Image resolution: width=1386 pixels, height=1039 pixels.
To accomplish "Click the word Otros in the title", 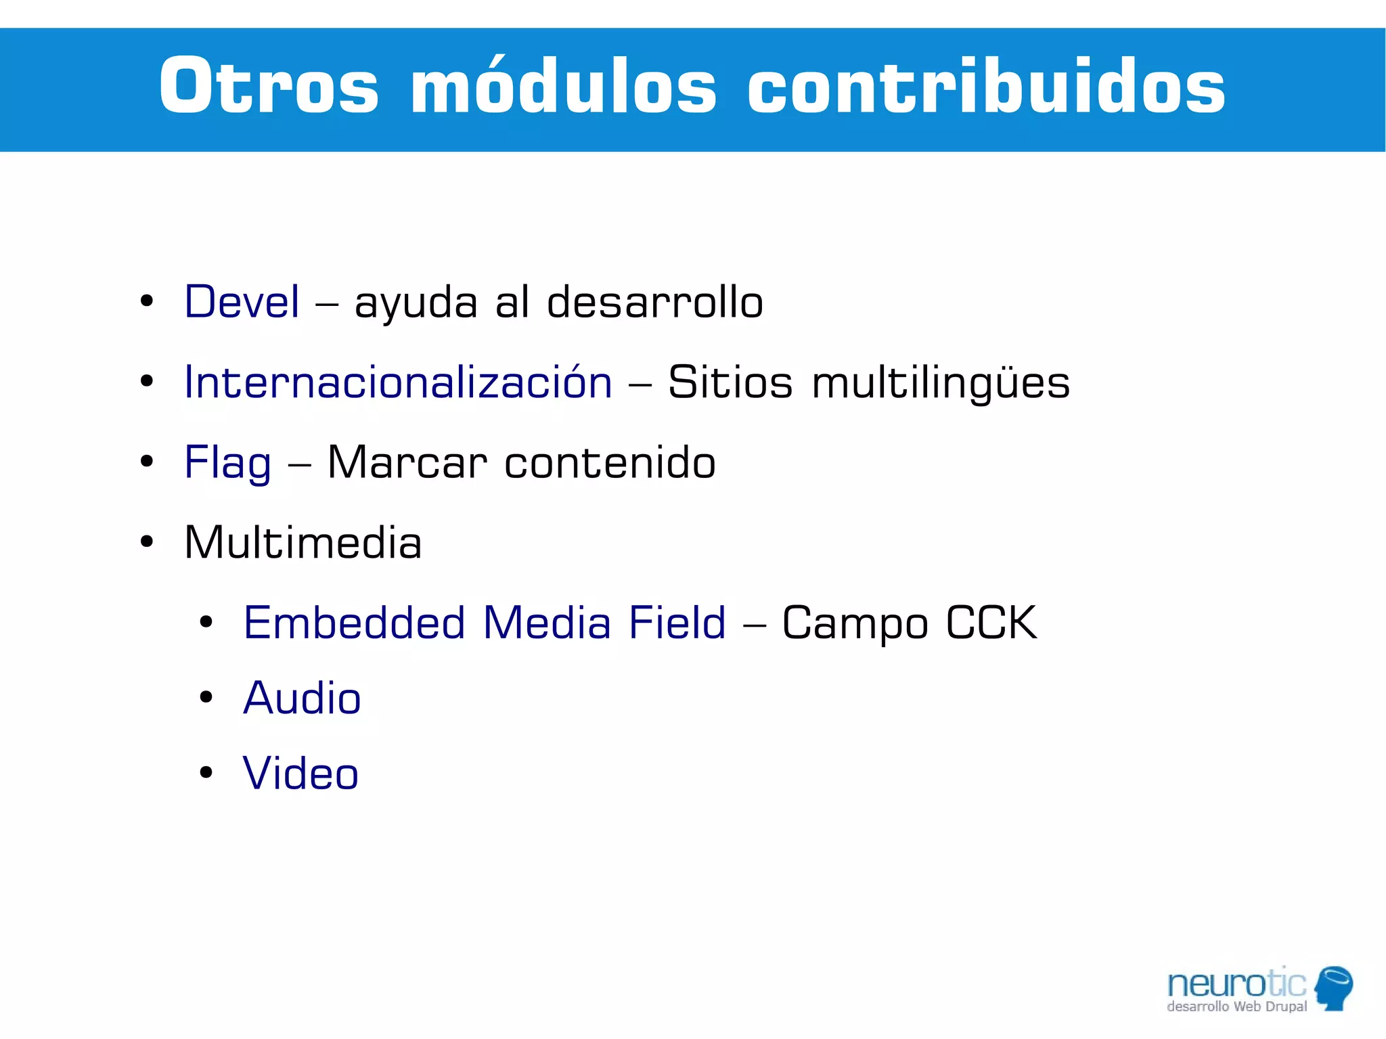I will tap(269, 87).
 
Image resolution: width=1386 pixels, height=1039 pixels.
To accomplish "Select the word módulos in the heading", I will tap(563, 87).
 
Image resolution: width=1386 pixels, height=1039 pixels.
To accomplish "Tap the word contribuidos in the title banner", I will tap(986, 87).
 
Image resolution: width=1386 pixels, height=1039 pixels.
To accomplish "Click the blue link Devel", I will tap(242, 302).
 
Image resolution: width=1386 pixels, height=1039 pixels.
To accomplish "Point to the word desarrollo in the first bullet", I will tap(654, 302).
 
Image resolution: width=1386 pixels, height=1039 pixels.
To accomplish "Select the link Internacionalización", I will tap(398, 382).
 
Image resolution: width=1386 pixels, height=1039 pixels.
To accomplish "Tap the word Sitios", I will tap(730, 382).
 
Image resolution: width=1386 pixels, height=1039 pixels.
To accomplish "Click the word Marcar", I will tap(407, 463).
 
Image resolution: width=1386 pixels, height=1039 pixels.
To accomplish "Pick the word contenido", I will tap(610, 463).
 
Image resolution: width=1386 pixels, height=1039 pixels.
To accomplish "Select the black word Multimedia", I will tap(303, 543).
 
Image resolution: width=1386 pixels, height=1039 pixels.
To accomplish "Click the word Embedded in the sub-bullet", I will tap(355, 623).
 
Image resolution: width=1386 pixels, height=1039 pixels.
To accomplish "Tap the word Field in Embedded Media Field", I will tap(677, 623).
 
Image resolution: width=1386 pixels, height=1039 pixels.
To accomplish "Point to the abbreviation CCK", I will tap(991, 623).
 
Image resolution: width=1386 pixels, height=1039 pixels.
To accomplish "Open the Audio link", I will tap(302, 698).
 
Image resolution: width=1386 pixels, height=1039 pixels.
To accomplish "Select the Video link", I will tap(300, 774).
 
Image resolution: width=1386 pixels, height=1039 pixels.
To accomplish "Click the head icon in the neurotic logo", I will tap(1334, 988).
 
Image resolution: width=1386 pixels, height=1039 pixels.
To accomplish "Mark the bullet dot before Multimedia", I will tap(147, 541).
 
